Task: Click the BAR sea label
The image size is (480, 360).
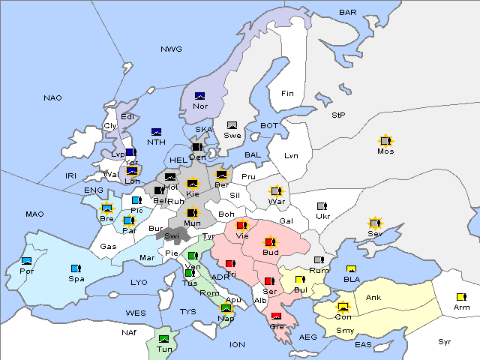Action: click(x=347, y=13)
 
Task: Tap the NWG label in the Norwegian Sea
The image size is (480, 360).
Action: click(x=171, y=49)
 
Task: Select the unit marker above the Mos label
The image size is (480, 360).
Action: click(x=385, y=140)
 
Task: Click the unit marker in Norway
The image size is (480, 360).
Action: click(x=200, y=95)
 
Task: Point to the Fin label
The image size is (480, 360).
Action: click(x=287, y=94)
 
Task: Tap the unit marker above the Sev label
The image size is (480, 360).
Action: click(x=374, y=223)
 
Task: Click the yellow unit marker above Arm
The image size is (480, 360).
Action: click(x=460, y=296)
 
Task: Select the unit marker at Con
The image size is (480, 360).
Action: click(x=343, y=306)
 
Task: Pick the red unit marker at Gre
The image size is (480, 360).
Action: click(x=277, y=316)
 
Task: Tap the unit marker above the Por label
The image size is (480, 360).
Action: click(x=27, y=260)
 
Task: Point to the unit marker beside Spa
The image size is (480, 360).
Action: click(x=75, y=268)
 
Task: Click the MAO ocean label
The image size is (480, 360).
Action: click(x=34, y=214)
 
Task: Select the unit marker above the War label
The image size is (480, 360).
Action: click(x=277, y=190)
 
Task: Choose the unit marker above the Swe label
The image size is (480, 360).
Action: click(x=232, y=124)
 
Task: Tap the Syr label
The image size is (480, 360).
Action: click(x=445, y=341)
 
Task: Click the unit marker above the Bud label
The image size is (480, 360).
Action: click(x=270, y=242)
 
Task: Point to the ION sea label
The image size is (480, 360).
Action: click(x=237, y=345)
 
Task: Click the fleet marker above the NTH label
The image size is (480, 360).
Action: click(x=157, y=132)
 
